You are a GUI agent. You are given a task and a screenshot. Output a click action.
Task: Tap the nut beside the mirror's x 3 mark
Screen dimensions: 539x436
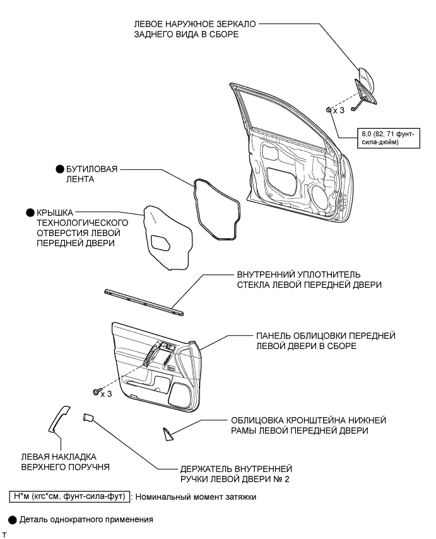[330, 109]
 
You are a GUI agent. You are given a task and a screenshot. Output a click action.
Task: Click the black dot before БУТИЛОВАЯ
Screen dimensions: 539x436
[61, 169]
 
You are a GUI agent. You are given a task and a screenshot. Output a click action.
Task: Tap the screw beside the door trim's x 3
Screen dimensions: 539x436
[96, 393]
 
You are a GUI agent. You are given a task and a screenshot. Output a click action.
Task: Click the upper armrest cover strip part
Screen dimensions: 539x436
[58, 419]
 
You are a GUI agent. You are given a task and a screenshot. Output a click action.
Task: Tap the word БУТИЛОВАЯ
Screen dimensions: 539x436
[93, 169]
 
